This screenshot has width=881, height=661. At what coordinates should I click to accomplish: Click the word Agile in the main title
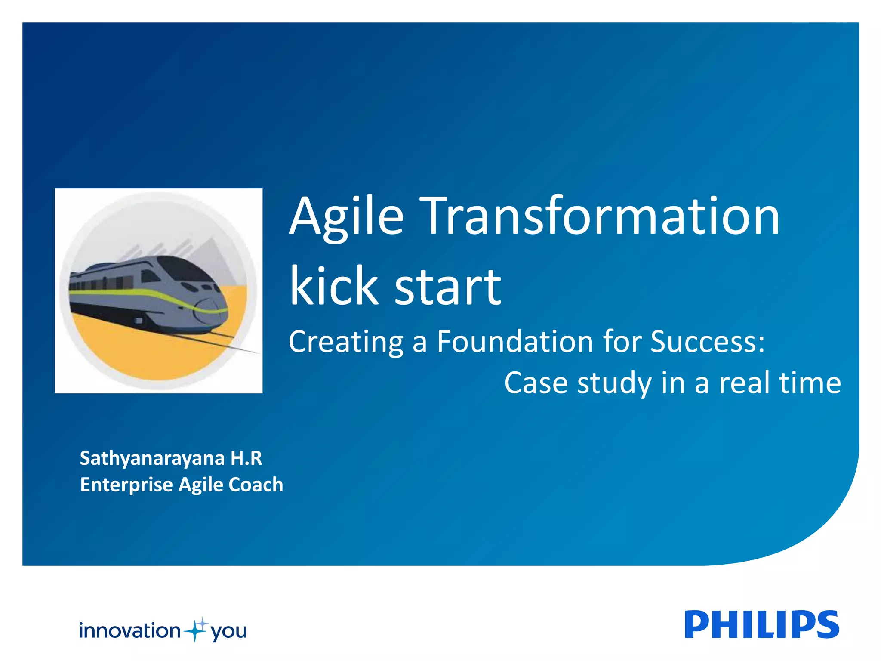tap(347, 217)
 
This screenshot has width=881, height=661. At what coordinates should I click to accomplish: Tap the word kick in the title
tap(334, 286)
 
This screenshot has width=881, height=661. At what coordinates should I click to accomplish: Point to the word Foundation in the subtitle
tap(515, 342)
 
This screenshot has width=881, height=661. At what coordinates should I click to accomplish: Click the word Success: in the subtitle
tap(707, 342)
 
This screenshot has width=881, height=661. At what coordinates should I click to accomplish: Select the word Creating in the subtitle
tap(345, 343)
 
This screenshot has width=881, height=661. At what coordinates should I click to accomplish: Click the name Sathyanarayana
tap(152, 459)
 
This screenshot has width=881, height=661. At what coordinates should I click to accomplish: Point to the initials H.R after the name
tap(246, 458)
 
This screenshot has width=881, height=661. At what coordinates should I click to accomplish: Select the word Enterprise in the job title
tap(126, 485)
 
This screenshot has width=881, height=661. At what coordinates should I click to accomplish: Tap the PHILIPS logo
tap(761, 624)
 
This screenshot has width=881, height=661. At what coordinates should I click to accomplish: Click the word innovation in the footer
tap(129, 631)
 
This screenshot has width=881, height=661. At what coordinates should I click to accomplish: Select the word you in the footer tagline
tap(228, 632)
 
